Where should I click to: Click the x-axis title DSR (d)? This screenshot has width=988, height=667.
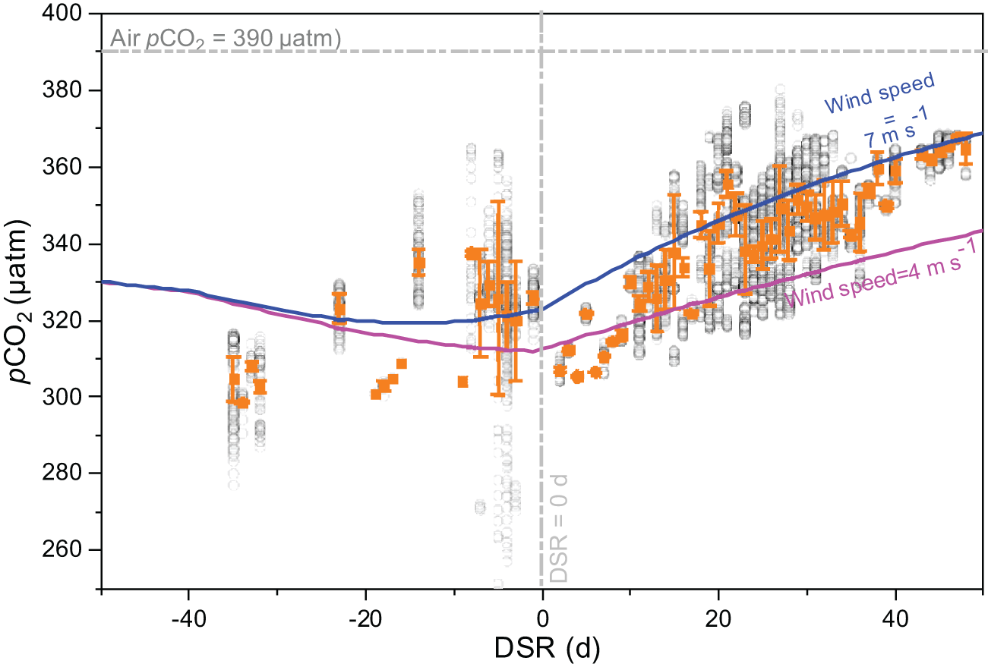(x=541, y=647)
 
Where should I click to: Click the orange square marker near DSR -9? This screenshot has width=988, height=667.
(x=462, y=382)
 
